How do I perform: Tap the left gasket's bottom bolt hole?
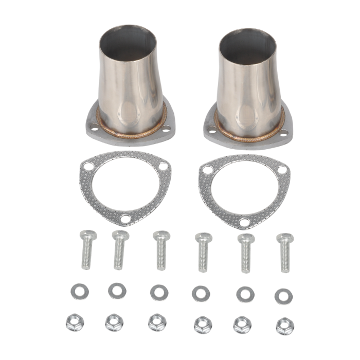tap(125, 219)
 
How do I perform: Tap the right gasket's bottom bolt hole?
tap(245, 222)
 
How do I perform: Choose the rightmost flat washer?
tap(283, 295)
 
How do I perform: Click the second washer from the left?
tap(116, 292)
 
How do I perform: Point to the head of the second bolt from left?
tap(119, 236)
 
